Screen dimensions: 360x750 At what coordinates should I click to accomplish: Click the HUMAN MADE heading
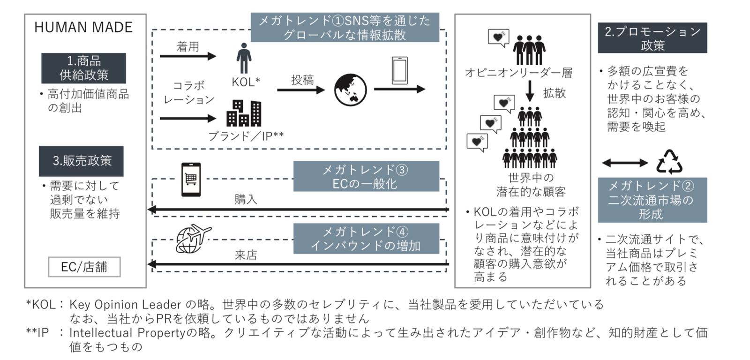[83, 27]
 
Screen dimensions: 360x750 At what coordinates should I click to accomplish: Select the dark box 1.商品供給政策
[83, 68]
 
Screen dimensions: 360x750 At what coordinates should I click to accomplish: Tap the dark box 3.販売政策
[82, 161]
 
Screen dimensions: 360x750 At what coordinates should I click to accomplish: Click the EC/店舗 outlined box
[84, 267]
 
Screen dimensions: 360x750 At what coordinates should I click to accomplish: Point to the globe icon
[350, 90]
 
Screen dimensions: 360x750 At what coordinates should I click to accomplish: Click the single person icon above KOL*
[243, 59]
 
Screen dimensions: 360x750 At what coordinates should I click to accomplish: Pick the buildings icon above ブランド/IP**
[244, 113]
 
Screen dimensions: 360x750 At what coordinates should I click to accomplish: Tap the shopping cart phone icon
[191, 179]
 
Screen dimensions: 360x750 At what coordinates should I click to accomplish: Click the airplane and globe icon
[193, 239]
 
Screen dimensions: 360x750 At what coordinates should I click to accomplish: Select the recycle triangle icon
[669, 162]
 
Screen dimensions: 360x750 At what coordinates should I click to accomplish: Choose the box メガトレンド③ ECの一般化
[366, 176]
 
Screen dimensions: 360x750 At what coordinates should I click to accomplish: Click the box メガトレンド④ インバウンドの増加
[366, 239]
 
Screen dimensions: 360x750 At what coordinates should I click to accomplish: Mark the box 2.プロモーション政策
[652, 38]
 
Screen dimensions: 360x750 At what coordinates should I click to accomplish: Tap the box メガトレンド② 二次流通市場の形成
[652, 200]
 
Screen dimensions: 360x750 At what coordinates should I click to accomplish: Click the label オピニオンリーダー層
[518, 72]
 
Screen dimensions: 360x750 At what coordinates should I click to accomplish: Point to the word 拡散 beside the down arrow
[554, 93]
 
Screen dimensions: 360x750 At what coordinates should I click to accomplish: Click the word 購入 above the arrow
[246, 199]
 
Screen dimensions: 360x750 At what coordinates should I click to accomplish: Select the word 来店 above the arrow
[246, 255]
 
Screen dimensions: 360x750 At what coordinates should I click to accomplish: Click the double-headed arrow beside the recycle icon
[625, 163]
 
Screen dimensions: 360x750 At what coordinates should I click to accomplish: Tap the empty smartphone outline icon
[399, 70]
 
